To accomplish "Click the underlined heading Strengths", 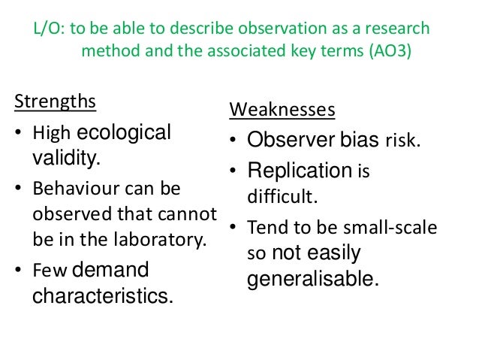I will click(x=56, y=101).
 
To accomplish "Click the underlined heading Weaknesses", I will click(x=282, y=110).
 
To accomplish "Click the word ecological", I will click(x=125, y=133).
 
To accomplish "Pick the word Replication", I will click(x=300, y=171).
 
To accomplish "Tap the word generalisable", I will click(x=312, y=280).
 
